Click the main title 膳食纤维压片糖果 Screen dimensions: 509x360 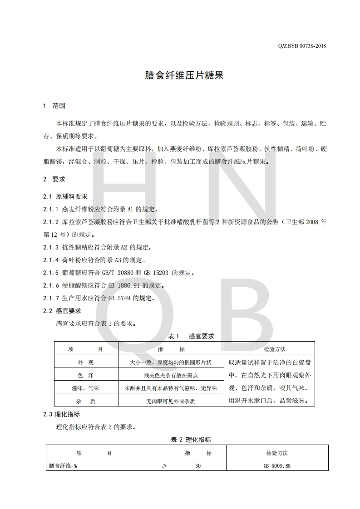[x=184, y=75]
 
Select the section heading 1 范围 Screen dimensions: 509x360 [x=54, y=106]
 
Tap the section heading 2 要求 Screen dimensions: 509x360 [x=54, y=179]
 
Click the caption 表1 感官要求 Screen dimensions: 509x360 [x=191, y=336]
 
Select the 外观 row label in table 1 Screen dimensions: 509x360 [x=86, y=362]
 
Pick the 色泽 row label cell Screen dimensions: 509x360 [x=86, y=375]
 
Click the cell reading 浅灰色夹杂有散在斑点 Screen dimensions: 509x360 [x=171, y=375]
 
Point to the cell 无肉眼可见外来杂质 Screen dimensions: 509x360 [x=171, y=401]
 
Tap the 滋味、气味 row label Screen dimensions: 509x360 [x=86, y=388]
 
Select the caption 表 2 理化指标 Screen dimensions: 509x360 [x=191, y=440]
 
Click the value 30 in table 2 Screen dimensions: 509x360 [x=197, y=465]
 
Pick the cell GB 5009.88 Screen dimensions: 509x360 [x=277, y=465]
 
